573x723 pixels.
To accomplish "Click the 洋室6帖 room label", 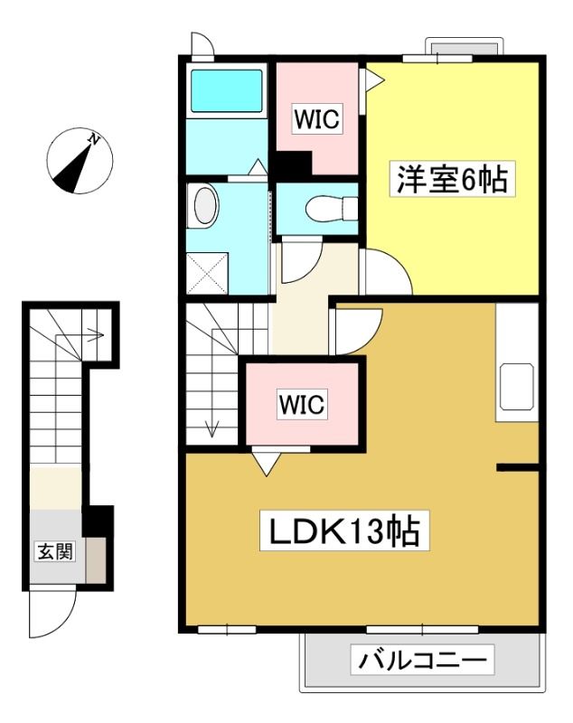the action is coord(452,179).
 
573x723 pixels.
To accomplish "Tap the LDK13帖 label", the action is coord(344,531).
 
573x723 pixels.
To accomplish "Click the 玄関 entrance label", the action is coord(55,551).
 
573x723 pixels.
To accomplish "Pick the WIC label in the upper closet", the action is coord(317,118).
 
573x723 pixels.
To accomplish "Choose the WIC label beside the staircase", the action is coord(302,404).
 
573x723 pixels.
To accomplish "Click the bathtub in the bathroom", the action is coord(226,91).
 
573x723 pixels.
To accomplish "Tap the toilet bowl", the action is coord(332,209).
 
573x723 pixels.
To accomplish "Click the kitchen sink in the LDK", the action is coord(517,387).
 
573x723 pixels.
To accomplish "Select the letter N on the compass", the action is coord(94,138).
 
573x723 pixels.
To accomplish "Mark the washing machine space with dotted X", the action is coord(207,273).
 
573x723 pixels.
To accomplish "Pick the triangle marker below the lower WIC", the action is coord(267,464).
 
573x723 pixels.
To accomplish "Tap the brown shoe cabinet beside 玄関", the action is coord(96,560).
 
